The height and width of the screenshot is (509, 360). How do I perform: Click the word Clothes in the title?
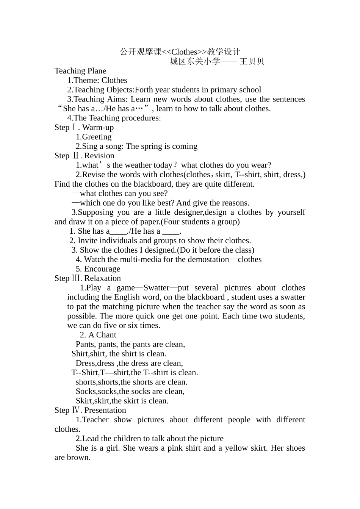pos(184,52)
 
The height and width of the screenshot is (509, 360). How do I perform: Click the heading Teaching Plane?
pos(80,71)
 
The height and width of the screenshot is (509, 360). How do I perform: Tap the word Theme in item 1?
pos(86,80)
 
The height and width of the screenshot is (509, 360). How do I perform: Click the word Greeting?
pos(97,137)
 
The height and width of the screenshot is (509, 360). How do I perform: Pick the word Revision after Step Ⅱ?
pos(99,156)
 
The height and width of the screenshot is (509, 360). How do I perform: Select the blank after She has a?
pos(118,231)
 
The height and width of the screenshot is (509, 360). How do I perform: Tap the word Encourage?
pos(102,269)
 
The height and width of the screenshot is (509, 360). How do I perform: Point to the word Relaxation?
pos(103,278)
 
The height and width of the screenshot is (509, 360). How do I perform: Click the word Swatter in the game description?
pos(157,288)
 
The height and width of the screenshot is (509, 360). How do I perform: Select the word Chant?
pos(106,335)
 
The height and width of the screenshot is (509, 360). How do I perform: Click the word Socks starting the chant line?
pos(85,391)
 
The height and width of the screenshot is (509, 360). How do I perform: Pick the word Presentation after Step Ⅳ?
pos(105,410)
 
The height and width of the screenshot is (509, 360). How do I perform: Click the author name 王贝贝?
pos(252,61)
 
